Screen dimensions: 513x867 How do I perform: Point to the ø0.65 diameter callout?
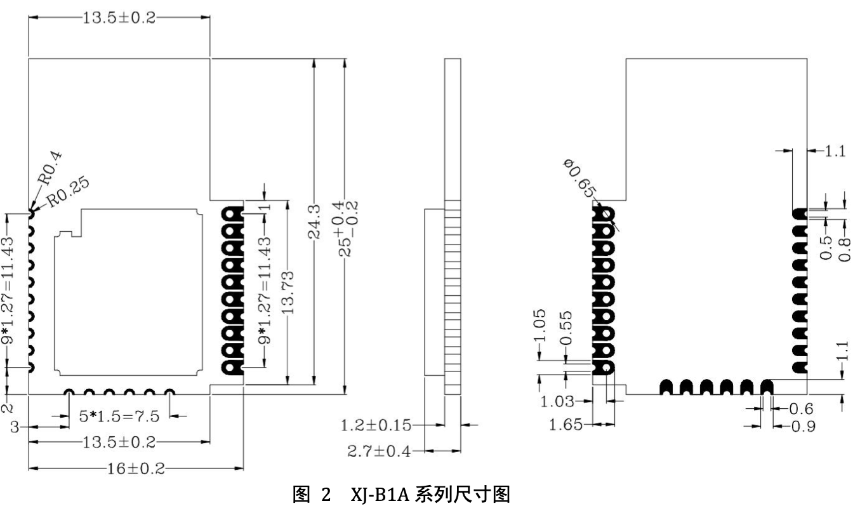pos(579,179)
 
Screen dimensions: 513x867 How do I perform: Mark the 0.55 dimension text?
pos(568,326)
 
